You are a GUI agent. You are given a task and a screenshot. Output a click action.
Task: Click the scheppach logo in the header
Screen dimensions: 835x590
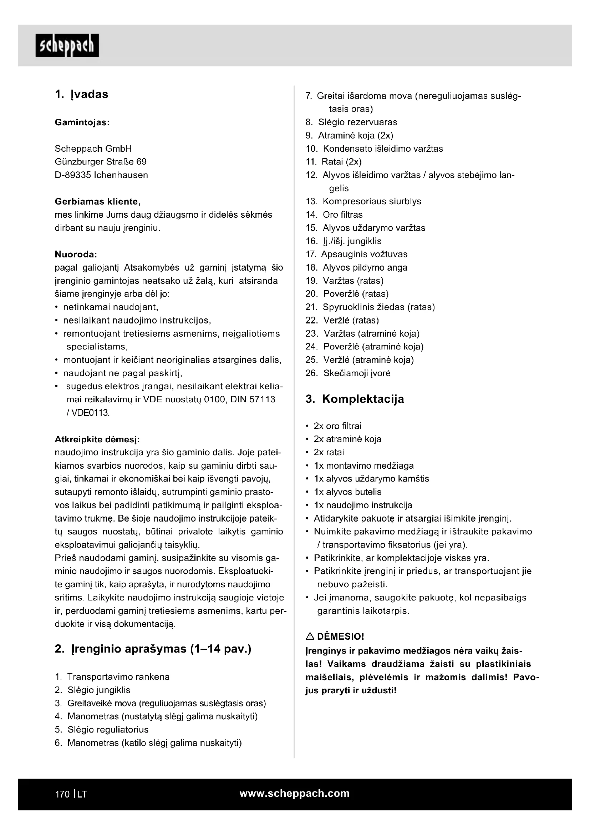(x=67, y=46)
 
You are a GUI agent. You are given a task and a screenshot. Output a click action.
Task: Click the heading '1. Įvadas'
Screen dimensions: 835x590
(x=82, y=95)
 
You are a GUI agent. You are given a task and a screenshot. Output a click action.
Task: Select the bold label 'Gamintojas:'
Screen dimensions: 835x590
(x=82, y=122)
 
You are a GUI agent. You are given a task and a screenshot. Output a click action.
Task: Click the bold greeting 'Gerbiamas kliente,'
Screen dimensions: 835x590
(x=97, y=201)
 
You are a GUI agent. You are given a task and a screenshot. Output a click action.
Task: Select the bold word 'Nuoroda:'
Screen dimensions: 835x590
(x=76, y=254)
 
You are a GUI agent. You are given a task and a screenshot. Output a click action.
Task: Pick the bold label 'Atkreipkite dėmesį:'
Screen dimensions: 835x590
(x=97, y=440)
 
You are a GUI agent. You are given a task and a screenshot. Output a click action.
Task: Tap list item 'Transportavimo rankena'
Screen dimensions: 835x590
(x=118, y=677)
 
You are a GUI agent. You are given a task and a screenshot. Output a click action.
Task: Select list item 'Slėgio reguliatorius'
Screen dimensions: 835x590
(x=108, y=730)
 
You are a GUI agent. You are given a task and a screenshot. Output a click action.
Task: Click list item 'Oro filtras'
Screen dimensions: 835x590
(x=342, y=215)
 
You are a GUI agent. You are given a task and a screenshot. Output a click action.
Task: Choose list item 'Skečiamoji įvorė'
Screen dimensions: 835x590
(x=357, y=373)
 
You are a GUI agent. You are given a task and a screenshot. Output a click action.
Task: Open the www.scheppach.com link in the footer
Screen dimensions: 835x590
(x=294, y=794)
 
